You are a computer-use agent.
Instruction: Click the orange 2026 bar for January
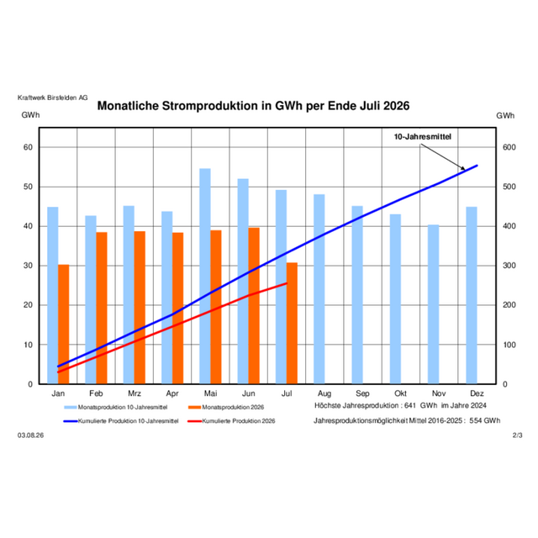[64, 324]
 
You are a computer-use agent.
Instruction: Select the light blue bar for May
[205, 276]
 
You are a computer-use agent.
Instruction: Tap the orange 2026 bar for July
[292, 323]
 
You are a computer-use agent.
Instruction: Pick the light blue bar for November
[434, 304]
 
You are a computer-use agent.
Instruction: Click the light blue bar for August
[319, 289]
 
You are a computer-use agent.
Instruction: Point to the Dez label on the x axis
[477, 393]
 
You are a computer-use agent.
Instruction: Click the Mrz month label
[134, 393]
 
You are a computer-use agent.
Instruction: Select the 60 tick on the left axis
[28, 147]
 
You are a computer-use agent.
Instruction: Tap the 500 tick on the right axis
[509, 187]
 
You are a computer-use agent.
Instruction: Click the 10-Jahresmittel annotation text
[422, 136]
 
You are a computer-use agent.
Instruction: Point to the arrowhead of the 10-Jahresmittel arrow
[464, 169]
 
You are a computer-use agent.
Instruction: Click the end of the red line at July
[287, 283]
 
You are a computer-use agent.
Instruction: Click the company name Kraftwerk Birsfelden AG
[52, 98]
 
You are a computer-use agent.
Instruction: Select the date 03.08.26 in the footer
[31, 435]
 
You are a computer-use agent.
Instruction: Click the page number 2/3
[518, 435]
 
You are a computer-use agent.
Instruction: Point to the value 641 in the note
[410, 405]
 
